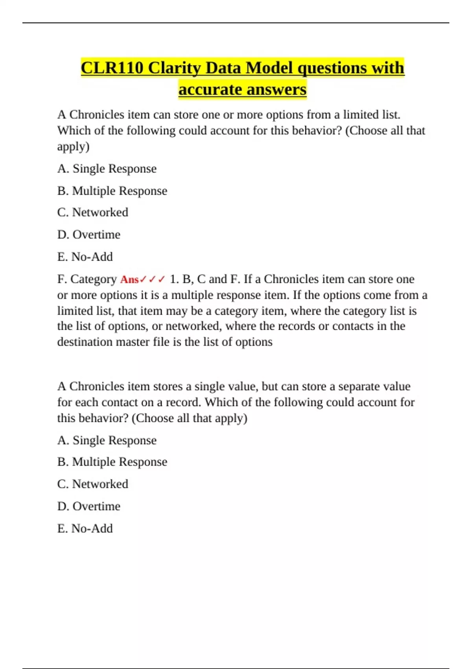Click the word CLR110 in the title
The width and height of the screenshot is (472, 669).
(x=112, y=68)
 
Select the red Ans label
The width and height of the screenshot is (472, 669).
(x=129, y=279)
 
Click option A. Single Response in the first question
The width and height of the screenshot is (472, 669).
(x=107, y=169)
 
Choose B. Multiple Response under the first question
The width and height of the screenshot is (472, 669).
(x=112, y=191)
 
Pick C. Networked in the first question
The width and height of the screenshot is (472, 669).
(x=93, y=213)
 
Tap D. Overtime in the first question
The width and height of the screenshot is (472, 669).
(x=89, y=235)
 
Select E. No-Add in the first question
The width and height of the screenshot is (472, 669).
(x=85, y=257)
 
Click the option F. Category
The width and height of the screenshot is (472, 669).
(x=87, y=279)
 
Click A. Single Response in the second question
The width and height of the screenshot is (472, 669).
(x=107, y=440)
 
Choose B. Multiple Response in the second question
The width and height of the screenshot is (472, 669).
(x=112, y=462)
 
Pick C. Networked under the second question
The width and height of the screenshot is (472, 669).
(x=93, y=484)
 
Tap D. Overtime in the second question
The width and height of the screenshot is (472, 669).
(x=89, y=506)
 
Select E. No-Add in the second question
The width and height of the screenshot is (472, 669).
(x=85, y=529)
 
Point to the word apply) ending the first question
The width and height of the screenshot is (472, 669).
(x=74, y=146)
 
